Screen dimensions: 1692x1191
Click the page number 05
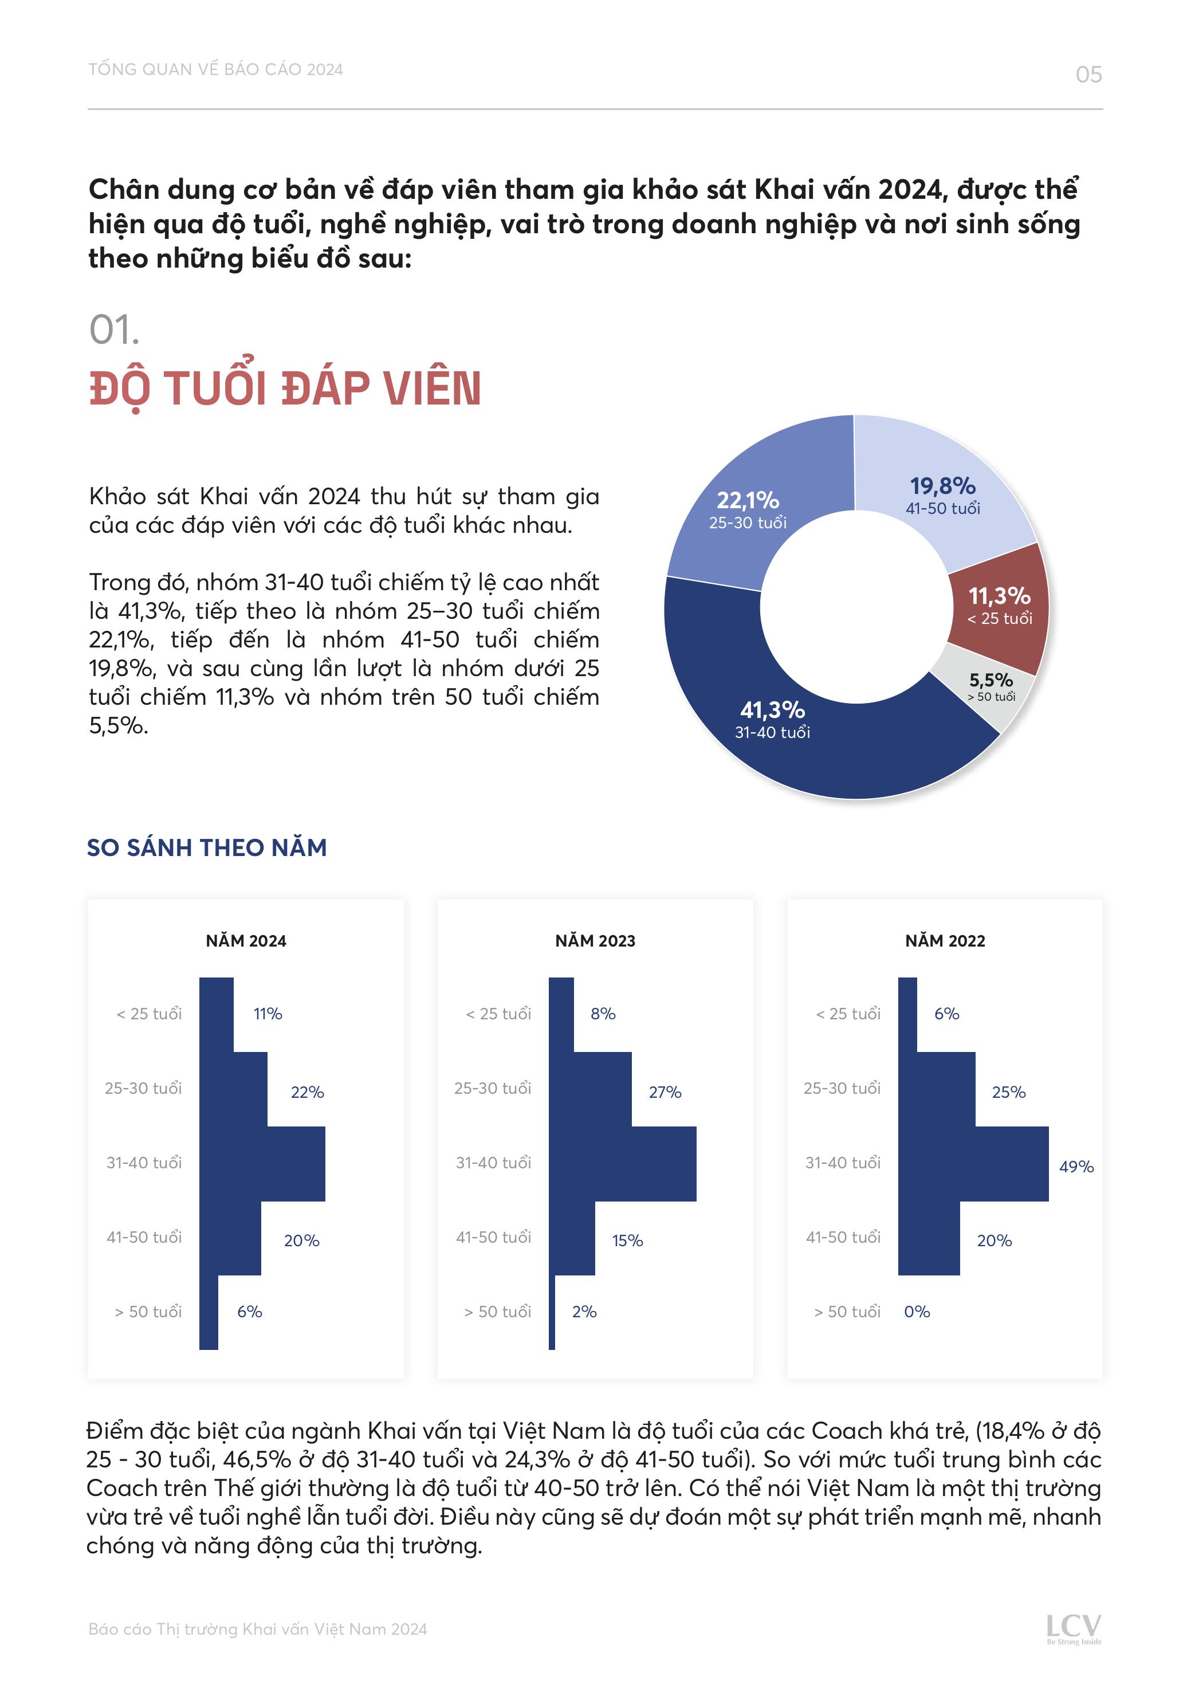pos(1088,74)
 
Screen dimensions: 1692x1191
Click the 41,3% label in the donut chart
pos(772,710)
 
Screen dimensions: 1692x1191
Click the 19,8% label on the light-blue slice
pos(942,486)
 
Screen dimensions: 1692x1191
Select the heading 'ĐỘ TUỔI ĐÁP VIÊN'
pos(285,388)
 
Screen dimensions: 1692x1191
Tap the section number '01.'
pos(114,329)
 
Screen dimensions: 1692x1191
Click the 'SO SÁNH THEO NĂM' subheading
pos(207,847)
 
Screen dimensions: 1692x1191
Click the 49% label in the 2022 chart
pos(1076,1167)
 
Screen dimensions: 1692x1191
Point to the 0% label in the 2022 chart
pos(917,1312)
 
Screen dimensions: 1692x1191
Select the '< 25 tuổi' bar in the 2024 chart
pos(216,1014)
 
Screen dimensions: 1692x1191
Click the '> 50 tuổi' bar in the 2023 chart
pos(552,1312)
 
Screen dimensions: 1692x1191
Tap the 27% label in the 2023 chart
pos(665,1092)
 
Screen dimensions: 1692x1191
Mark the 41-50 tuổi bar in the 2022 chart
pos(929,1238)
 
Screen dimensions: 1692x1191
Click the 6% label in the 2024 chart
pos(249,1312)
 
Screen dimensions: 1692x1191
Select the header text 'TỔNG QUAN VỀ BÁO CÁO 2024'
pos(215,69)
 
